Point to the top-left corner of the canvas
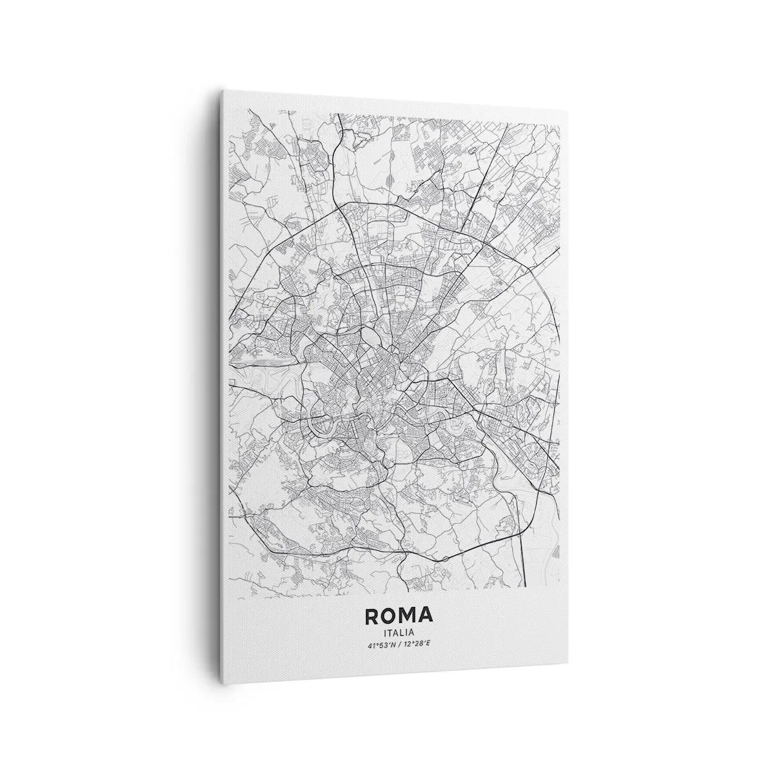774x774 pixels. click(x=224, y=90)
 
